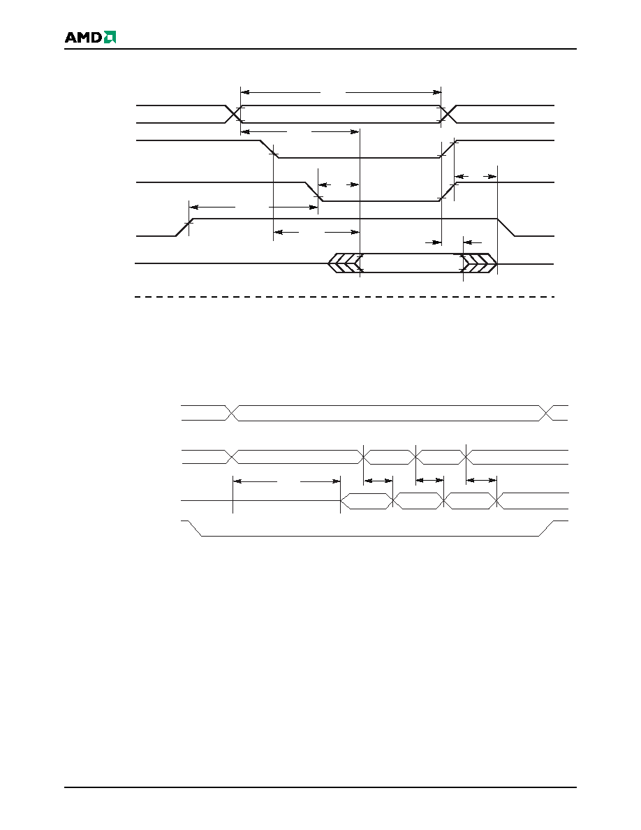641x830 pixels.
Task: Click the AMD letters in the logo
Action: coord(84,37)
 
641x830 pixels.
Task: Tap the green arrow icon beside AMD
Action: coord(110,37)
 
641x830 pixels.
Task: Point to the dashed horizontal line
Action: coord(345,297)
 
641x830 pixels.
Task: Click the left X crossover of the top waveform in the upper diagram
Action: coord(233,114)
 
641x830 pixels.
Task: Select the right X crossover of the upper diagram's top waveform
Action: coord(448,114)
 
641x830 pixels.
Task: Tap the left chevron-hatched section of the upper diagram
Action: coord(344,263)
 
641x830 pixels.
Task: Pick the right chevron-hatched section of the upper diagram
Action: coord(480,263)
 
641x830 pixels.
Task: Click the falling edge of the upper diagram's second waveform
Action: coord(270,150)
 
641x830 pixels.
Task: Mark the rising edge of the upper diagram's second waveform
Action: coord(448,150)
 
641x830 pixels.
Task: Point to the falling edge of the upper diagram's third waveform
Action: coord(314,191)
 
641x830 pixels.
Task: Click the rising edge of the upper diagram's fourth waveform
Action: coord(184,227)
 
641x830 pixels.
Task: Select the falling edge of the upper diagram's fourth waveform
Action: coord(506,227)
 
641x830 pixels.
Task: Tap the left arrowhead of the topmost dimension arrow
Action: coord(245,92)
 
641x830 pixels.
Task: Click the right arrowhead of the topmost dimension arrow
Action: coord(437,92)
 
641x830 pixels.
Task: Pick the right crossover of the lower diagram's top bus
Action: coord(546,413)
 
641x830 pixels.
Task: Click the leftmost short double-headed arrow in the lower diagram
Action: coord(378,481)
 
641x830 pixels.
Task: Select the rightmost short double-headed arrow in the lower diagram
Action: coord(481,481)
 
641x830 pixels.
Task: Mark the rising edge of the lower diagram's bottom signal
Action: coord(546,528)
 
